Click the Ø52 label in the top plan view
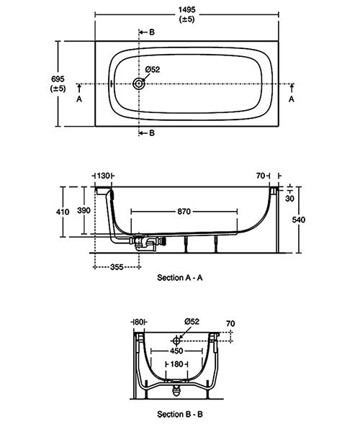click(152, 69)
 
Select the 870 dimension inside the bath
click(184, 212)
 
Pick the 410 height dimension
click(63, 212)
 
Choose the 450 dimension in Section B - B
click(176, 351)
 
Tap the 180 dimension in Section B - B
click(176, 364)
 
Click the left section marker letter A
click(79, 100)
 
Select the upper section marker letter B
click(151, 32)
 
